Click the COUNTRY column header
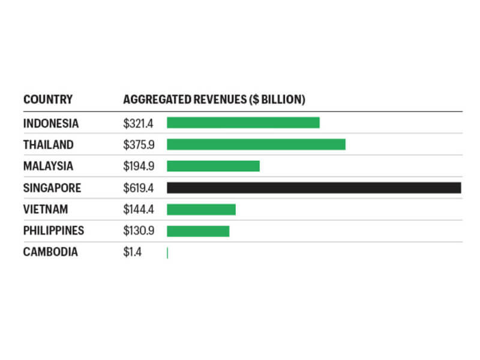[47, 100]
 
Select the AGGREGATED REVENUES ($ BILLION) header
[214, 100]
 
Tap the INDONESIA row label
[51, 123]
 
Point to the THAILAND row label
[49, 145]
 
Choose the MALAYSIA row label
[49, 166]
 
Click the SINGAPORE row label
[52, 188]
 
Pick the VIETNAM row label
[46, 209]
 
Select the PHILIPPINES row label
[53, 230]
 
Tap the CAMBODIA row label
[50, 252]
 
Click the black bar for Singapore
[314, 188]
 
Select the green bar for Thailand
[256, 145]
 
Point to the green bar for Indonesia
[243, 123]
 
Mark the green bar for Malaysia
[213, 166]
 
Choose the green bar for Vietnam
[201, 209]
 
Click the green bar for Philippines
[198, 231]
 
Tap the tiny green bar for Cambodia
[167, 253]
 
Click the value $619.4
[139, 188]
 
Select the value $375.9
[139, 145]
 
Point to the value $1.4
[133, 252]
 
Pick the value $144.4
[139, 209]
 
